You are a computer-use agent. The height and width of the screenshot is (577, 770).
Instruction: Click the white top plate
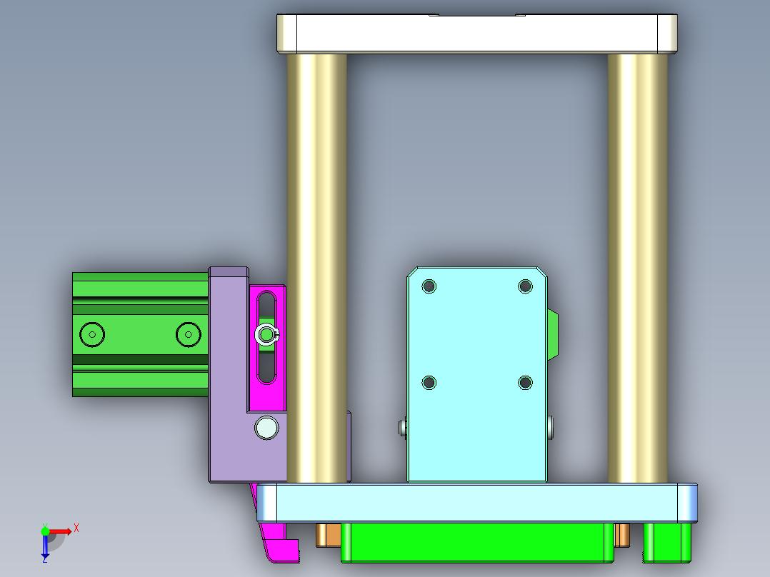point(477,34)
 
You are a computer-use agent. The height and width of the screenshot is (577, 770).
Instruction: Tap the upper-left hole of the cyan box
point(429,286)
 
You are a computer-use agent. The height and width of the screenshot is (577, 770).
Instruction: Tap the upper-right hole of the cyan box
point(525,286)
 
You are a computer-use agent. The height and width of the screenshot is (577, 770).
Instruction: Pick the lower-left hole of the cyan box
point(429,383)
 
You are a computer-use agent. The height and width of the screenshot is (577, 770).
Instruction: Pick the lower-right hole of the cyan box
point(525,383)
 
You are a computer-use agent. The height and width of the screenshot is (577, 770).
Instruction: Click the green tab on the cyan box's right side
point(553,334)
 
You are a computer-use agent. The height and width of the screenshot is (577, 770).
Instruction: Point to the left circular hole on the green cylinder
point(92,334)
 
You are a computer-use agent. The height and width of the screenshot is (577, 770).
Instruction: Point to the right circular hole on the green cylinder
point(188,334)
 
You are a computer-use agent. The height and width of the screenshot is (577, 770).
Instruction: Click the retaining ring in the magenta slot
point(266,334)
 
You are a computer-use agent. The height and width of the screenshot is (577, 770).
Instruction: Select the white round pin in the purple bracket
point(267,427)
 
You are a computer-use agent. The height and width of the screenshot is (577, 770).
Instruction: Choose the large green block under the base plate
point(477,542)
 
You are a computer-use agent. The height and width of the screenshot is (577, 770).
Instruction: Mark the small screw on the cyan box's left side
point(402,428)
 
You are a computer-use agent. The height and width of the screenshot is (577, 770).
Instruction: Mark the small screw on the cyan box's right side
point(552,428)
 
